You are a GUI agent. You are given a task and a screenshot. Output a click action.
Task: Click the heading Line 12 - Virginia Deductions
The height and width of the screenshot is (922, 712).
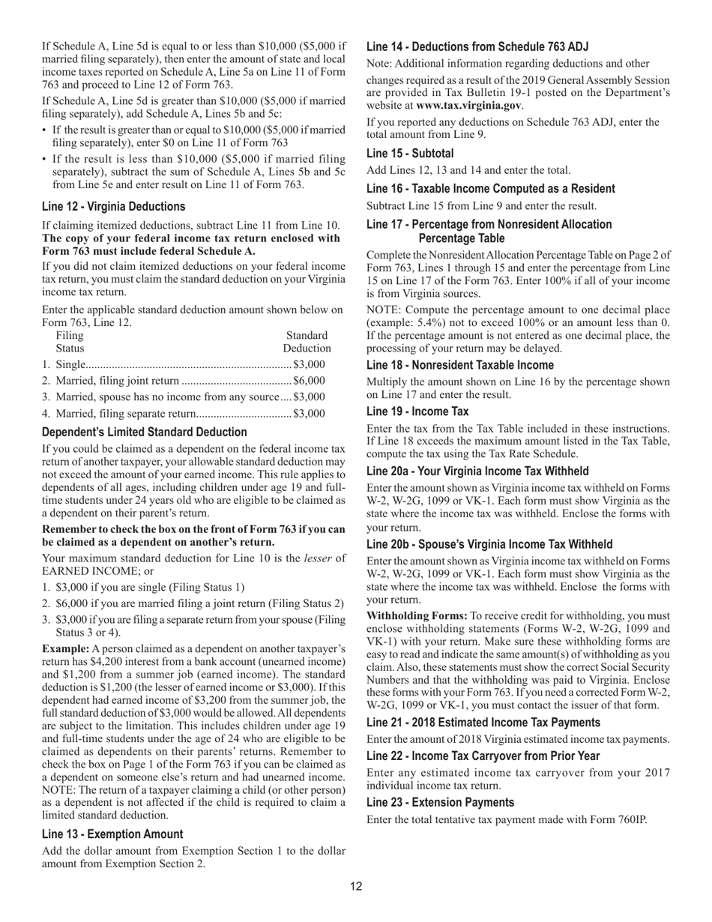113,206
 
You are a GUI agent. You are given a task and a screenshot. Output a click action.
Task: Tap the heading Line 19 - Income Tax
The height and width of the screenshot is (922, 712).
417,412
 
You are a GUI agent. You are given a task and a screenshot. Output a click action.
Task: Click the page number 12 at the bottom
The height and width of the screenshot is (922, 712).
356,887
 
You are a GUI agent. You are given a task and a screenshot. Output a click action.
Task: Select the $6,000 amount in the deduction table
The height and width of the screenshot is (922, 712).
310,380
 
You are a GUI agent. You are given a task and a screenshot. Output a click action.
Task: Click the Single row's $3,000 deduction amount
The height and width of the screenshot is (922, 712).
310,364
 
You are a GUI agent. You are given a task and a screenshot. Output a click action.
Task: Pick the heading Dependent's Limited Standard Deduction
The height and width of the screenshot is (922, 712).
145,432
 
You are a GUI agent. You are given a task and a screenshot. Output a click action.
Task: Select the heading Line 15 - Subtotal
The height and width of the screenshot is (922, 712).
410,153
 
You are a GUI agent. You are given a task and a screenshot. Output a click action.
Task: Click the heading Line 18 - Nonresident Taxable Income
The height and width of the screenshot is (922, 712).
460,365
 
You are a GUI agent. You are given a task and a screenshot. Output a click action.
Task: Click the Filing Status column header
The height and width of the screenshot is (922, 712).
70,342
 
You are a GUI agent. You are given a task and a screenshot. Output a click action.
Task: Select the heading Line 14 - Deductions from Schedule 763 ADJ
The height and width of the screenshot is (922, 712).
477,46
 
